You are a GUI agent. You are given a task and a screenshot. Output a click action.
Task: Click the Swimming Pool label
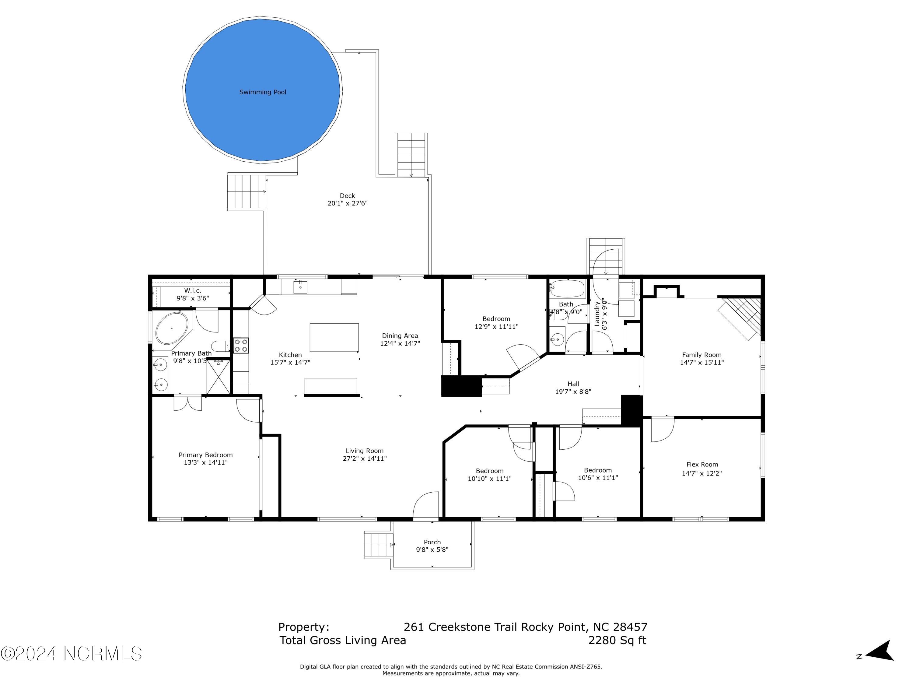[263, 92]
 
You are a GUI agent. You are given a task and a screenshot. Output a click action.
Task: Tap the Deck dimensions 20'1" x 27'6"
[347, 203]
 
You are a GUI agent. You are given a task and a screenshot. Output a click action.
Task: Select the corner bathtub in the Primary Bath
[171, 328]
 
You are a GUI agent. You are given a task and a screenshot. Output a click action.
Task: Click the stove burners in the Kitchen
[241, 345]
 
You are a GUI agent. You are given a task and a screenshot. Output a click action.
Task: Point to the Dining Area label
[400, 336]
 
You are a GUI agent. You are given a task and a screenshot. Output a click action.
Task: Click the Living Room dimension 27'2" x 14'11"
[365, 458]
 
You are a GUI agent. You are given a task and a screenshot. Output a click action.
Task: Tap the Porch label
[432, 542]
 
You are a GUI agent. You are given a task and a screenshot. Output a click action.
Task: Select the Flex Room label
[702, 465]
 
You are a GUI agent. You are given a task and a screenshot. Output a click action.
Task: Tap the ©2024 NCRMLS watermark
[71, 654]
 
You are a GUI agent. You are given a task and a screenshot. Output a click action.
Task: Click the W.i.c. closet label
[192, 291]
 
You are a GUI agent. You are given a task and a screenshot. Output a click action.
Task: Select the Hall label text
[573, 384]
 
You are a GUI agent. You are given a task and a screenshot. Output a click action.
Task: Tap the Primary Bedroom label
[205, 455]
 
